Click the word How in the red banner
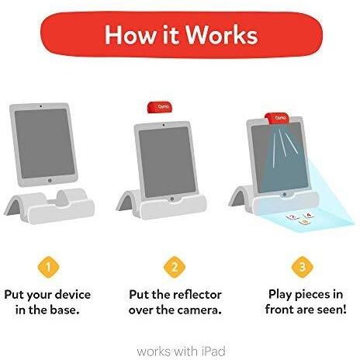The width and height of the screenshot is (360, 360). [x=130, y=35]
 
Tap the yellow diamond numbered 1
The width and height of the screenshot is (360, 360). [x=49, y=267]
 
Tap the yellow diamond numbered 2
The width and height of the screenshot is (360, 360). [x=175, y=267]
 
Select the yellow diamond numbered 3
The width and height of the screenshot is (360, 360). [x=302, y=267]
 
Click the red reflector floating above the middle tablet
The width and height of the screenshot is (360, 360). [x=160, y=107]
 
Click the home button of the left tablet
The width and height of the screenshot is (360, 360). [x=50, y=180]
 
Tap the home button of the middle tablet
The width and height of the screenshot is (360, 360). [x=171, y=199]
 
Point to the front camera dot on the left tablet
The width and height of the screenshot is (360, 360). [x=40, y=106]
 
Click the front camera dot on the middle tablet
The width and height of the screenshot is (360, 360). [x=164, y=125]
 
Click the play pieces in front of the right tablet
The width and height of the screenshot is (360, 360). [x=300, y=219]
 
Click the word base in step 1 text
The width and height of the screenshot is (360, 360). [x=64, y=310]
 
